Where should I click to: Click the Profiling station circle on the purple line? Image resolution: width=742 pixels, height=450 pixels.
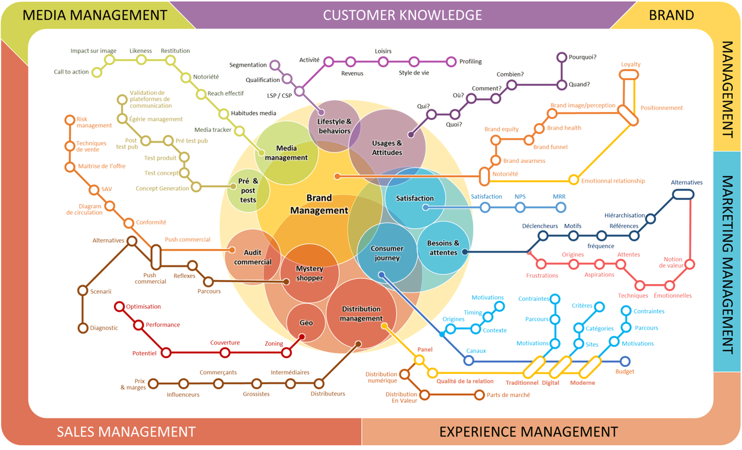click(x=451, y=61)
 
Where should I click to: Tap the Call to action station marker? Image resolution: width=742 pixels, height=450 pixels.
click(x=96, y=72)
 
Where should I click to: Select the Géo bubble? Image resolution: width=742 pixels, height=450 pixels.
click(x=306, y=322)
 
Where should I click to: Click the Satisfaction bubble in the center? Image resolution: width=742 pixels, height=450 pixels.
click(x=415, y=198)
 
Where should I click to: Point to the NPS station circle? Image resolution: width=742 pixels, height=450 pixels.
click(x=520, y=208)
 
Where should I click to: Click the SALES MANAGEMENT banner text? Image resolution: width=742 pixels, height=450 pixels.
click(x=126, y=432)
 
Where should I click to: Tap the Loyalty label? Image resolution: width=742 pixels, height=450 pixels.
click(x=630, y=64)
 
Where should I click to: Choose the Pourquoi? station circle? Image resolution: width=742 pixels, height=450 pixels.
click(x=561, y=57)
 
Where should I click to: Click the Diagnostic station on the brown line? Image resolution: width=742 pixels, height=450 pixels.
click(x=83, y=328)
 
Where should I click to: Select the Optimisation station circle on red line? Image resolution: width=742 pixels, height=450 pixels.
click(x=119, y=306)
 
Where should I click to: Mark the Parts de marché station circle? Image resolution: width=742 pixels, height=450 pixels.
click(x=479, y=394)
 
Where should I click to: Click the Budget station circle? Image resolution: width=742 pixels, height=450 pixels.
click(x=625, y=361)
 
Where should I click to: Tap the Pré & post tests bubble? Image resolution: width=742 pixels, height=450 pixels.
click(x=248, y=190)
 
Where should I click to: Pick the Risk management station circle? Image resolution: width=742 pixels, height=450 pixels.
click(x=70, y=120)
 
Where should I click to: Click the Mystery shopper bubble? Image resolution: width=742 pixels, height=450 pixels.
click(x=309, y=273)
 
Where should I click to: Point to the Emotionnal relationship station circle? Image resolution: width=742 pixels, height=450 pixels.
click(x=573, y=180)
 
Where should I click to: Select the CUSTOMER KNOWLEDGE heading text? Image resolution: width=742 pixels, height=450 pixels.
click(x=402, y=15)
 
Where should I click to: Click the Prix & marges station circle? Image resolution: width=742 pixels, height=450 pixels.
click(x=153, y=384)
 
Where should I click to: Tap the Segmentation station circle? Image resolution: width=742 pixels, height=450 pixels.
click(x=275, y=65)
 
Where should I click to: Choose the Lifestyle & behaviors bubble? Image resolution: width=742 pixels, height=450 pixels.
click(x=334, y=126)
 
